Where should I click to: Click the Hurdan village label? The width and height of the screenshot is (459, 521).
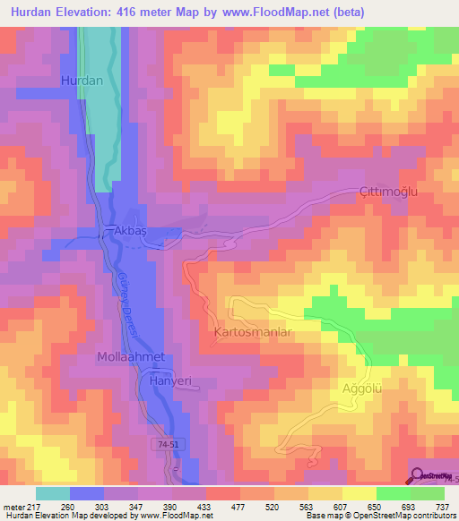(x=82, y=81)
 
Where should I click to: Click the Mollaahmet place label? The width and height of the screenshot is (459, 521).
(x=131, y=357)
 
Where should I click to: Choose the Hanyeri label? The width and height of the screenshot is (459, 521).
(x=170, y=380)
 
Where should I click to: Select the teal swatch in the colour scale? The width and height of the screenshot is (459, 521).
(x=52, y=493)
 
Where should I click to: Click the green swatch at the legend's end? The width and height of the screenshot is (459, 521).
(x=427, y=493)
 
